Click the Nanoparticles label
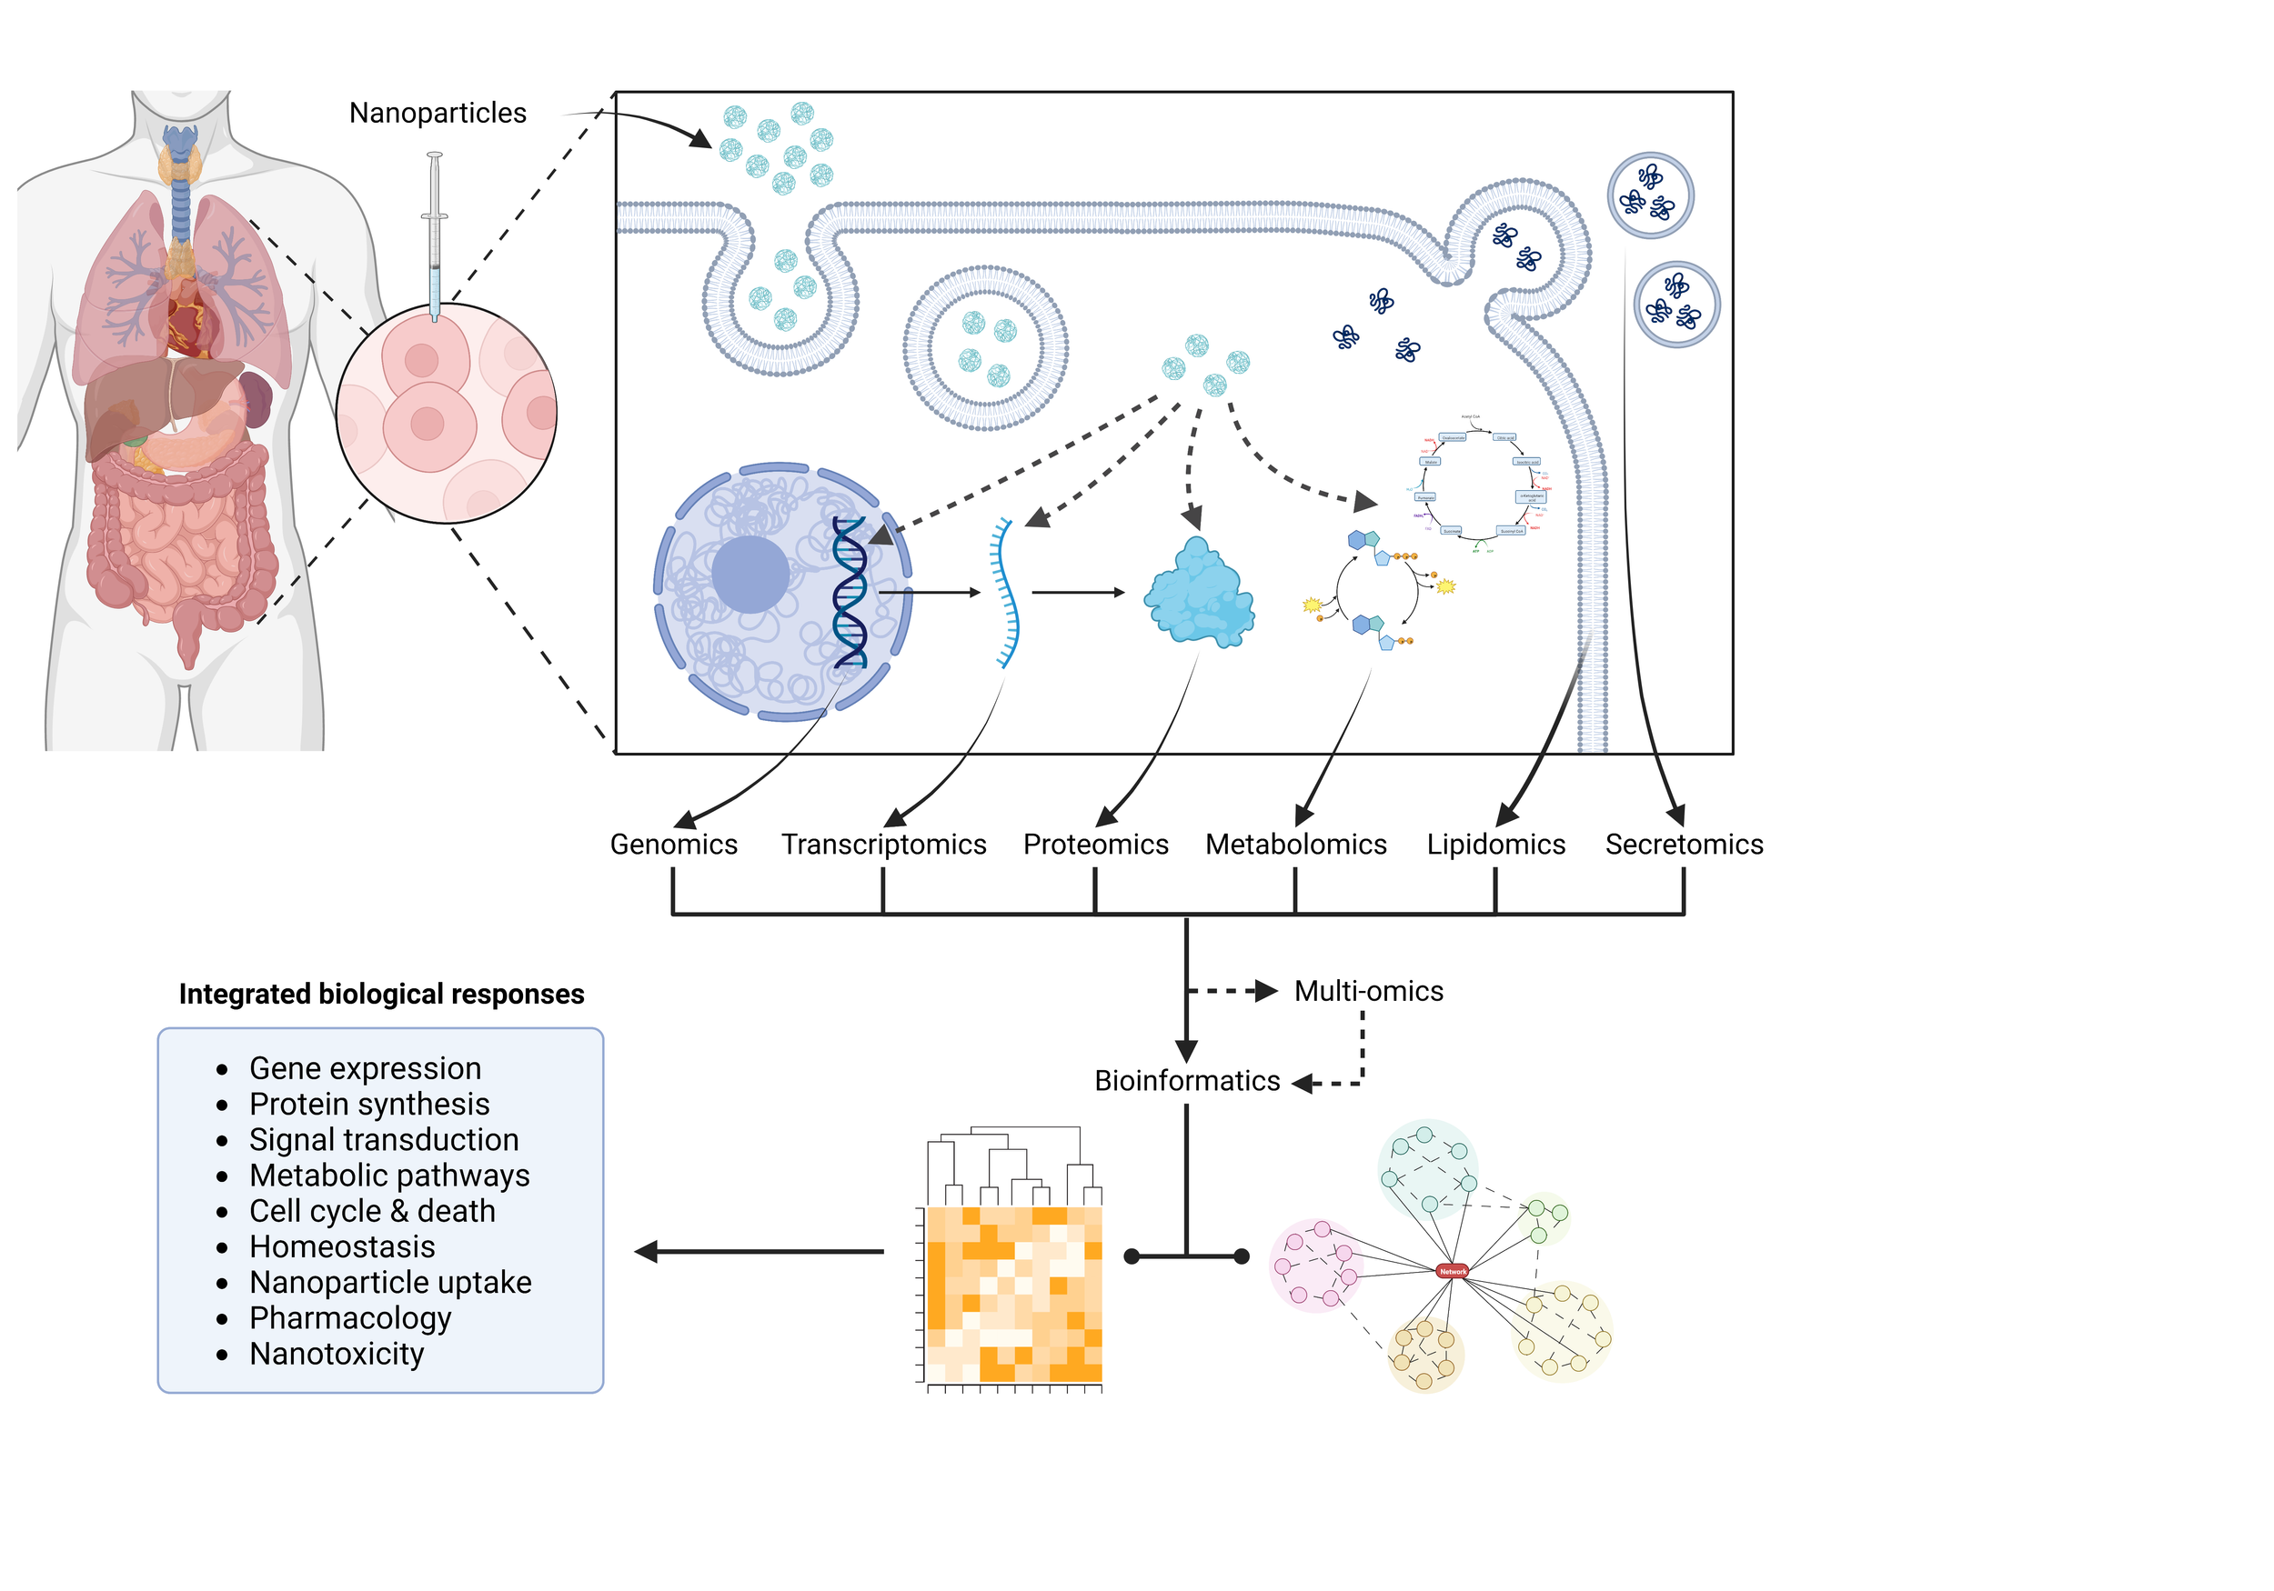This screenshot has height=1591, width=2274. [437, 113]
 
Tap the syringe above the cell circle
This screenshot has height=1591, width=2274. [434, 237]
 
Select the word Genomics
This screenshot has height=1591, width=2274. [673, 845]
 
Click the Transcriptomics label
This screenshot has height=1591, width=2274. [883, 845]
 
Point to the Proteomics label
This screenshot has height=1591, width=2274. [1095, 845]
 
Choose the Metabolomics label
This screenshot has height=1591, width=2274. [1295, 845]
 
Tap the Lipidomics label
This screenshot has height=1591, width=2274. [1495, 845]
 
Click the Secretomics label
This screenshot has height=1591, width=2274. [1684, 845]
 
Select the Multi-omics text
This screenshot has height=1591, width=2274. [1368, 991]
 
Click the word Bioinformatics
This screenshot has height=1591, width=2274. [1186, 1081]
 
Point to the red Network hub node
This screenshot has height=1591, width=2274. [1452, 1271]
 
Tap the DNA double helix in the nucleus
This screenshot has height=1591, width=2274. [850, 592]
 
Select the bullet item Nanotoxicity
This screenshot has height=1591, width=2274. [337, 1354]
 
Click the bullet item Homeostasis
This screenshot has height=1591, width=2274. [342, 1246]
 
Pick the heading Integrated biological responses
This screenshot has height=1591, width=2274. [381, 994]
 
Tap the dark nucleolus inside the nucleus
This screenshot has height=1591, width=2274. [750, 575]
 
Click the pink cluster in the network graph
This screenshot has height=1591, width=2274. [1315, 1266]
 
